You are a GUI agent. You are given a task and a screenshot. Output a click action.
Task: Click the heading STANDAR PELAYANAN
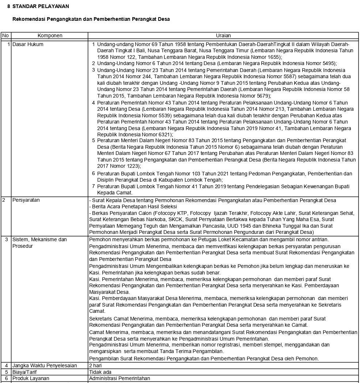tap(40, 7)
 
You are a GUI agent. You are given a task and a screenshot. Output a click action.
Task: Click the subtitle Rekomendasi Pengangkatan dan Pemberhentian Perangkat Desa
tap(91, 19)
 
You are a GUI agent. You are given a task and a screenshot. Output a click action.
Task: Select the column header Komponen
tap(50, 36)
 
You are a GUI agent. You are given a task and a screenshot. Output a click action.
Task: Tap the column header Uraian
tap(223, 36)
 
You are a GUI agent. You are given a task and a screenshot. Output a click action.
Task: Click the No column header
tap(5, 36)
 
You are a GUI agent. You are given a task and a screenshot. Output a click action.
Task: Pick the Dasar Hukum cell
tap(28, 45)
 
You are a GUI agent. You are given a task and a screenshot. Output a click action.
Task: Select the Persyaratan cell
tap(26, 200)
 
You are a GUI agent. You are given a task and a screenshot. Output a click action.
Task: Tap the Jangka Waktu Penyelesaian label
tap(45, 365)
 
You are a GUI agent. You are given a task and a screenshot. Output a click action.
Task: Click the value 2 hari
tap(95, 365)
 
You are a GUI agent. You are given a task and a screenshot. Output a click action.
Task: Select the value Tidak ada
tap(101, 372)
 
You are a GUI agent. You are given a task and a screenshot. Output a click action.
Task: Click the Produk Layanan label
tap(31, 378)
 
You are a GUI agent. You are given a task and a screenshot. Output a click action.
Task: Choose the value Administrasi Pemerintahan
tap(120, 378)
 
